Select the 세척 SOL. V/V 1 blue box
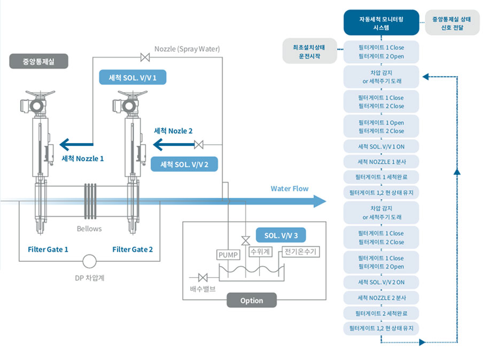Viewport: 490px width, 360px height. click(x=133, y=77)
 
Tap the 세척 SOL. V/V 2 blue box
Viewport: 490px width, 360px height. click(x=185, y=164)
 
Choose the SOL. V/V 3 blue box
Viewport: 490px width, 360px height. click(x=281, y=236)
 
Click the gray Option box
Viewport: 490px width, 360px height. click(x=252, y=300)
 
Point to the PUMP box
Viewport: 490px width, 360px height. click(x=228, y=255)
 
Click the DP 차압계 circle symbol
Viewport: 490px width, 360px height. click(x=89, y=261)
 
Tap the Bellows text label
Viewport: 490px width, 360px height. click(x=88, y=229)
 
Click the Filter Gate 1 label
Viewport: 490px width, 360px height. click(x=48, y=249)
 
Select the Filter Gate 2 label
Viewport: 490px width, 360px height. click(x=133, y=249)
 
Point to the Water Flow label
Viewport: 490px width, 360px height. click(x=289, y=188)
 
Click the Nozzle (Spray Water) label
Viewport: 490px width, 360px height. click(x=187, y=49)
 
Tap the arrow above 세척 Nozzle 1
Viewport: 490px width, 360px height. click(x=76, y=144)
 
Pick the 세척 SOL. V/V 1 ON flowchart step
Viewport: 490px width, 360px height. click(x=381, y=146)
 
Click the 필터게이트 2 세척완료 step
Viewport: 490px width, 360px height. click(x=381, y=312)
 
